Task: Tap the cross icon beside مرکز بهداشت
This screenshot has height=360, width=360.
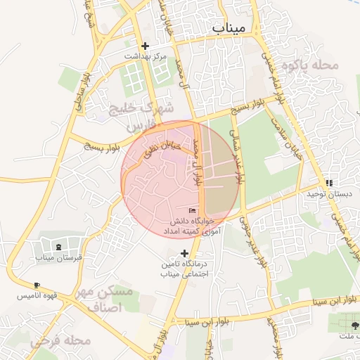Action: point(145,46)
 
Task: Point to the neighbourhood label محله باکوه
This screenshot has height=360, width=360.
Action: point(310,65)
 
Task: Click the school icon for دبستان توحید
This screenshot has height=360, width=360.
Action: point(330,183)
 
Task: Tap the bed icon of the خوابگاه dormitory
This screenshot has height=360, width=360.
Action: point(192,210)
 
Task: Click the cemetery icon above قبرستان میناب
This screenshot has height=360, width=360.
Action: point(58,247)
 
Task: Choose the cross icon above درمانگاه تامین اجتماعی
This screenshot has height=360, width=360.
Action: point(185,253)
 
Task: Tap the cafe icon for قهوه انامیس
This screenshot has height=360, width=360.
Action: point(37,285)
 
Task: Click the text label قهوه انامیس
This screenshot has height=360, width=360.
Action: point(39,296)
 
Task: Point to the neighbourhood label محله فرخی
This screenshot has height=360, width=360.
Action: point(61,340)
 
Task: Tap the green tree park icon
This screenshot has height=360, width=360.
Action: point(353,326)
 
